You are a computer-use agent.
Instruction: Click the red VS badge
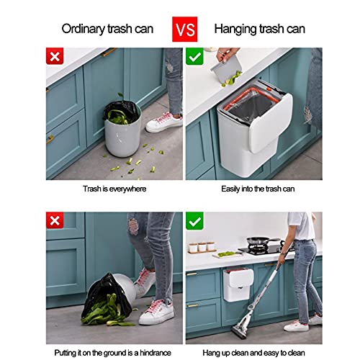point(184,29)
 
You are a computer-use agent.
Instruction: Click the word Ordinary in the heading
point(84,30)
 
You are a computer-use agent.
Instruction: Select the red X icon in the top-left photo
point(55,56)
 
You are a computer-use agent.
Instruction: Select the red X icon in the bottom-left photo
point(55,220)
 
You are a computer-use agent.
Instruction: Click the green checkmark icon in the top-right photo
point(194,56)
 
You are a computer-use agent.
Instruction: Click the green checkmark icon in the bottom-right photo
point(194,220)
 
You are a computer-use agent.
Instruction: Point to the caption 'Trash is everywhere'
point(114,189)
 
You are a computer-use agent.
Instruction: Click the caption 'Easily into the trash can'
point(258,189)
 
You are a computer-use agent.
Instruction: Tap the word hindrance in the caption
point(156,353)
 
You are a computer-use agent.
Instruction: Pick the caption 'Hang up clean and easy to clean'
point(253,353)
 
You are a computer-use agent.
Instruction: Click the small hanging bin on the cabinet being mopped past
point(238,285)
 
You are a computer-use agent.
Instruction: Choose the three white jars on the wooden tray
point(202,247)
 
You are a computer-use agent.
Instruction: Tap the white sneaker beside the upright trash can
point(164,122)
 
